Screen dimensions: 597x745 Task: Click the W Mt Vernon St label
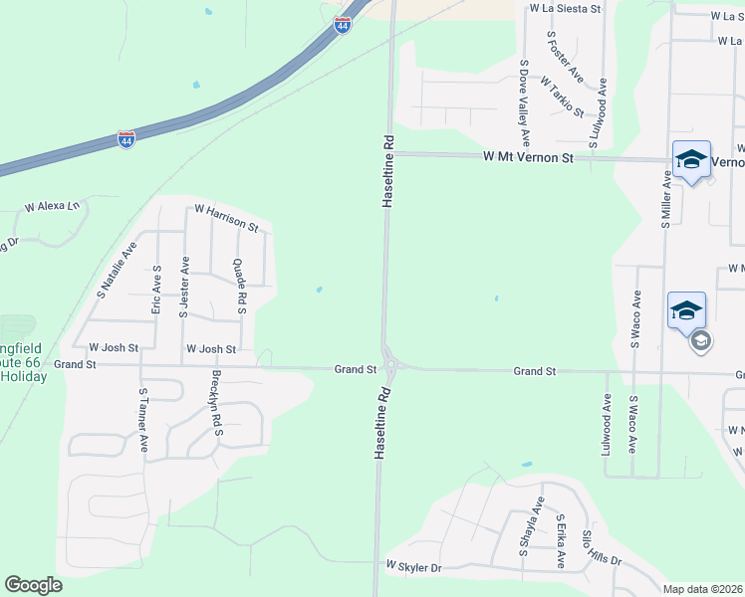tap(529, 157)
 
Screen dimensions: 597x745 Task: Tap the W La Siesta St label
tap(566, 8)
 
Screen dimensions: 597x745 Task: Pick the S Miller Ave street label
tap(665, 199)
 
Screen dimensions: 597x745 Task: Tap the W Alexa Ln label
tap(52, 207)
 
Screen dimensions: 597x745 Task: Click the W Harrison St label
tap(226, 218)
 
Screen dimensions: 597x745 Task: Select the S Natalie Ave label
tap(116, 271)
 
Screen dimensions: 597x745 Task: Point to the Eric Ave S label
tap(156, 291)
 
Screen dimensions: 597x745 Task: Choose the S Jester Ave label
tap(183, 287)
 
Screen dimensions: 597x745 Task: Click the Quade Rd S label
tap(239, 287)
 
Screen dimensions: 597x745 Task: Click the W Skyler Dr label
tap(414, 567)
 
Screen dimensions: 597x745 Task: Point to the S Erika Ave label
tap(562, 541)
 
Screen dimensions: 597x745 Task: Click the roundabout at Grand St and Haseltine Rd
tap(390, 366)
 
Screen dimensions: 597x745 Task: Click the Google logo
tap(33, 584)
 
